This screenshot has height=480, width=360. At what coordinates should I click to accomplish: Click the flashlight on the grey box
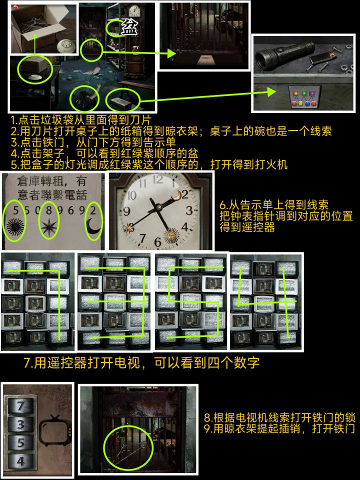[284, 55]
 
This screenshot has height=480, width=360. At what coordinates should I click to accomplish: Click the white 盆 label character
[129, 27]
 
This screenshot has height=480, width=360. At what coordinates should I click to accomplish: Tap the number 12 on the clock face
[158, 179]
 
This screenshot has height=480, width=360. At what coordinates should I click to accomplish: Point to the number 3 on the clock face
[190, 210]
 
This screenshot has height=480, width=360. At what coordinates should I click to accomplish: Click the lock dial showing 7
[20, 406]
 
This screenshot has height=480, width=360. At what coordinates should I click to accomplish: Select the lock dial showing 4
[20, 461]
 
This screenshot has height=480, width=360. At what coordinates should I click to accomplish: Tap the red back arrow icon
[15, 6]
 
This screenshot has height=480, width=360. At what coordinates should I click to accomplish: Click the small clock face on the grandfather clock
[134, 11]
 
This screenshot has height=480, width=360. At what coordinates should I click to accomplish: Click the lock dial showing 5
[20, 442]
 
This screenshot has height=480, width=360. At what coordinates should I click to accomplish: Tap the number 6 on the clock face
[157, 242]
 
